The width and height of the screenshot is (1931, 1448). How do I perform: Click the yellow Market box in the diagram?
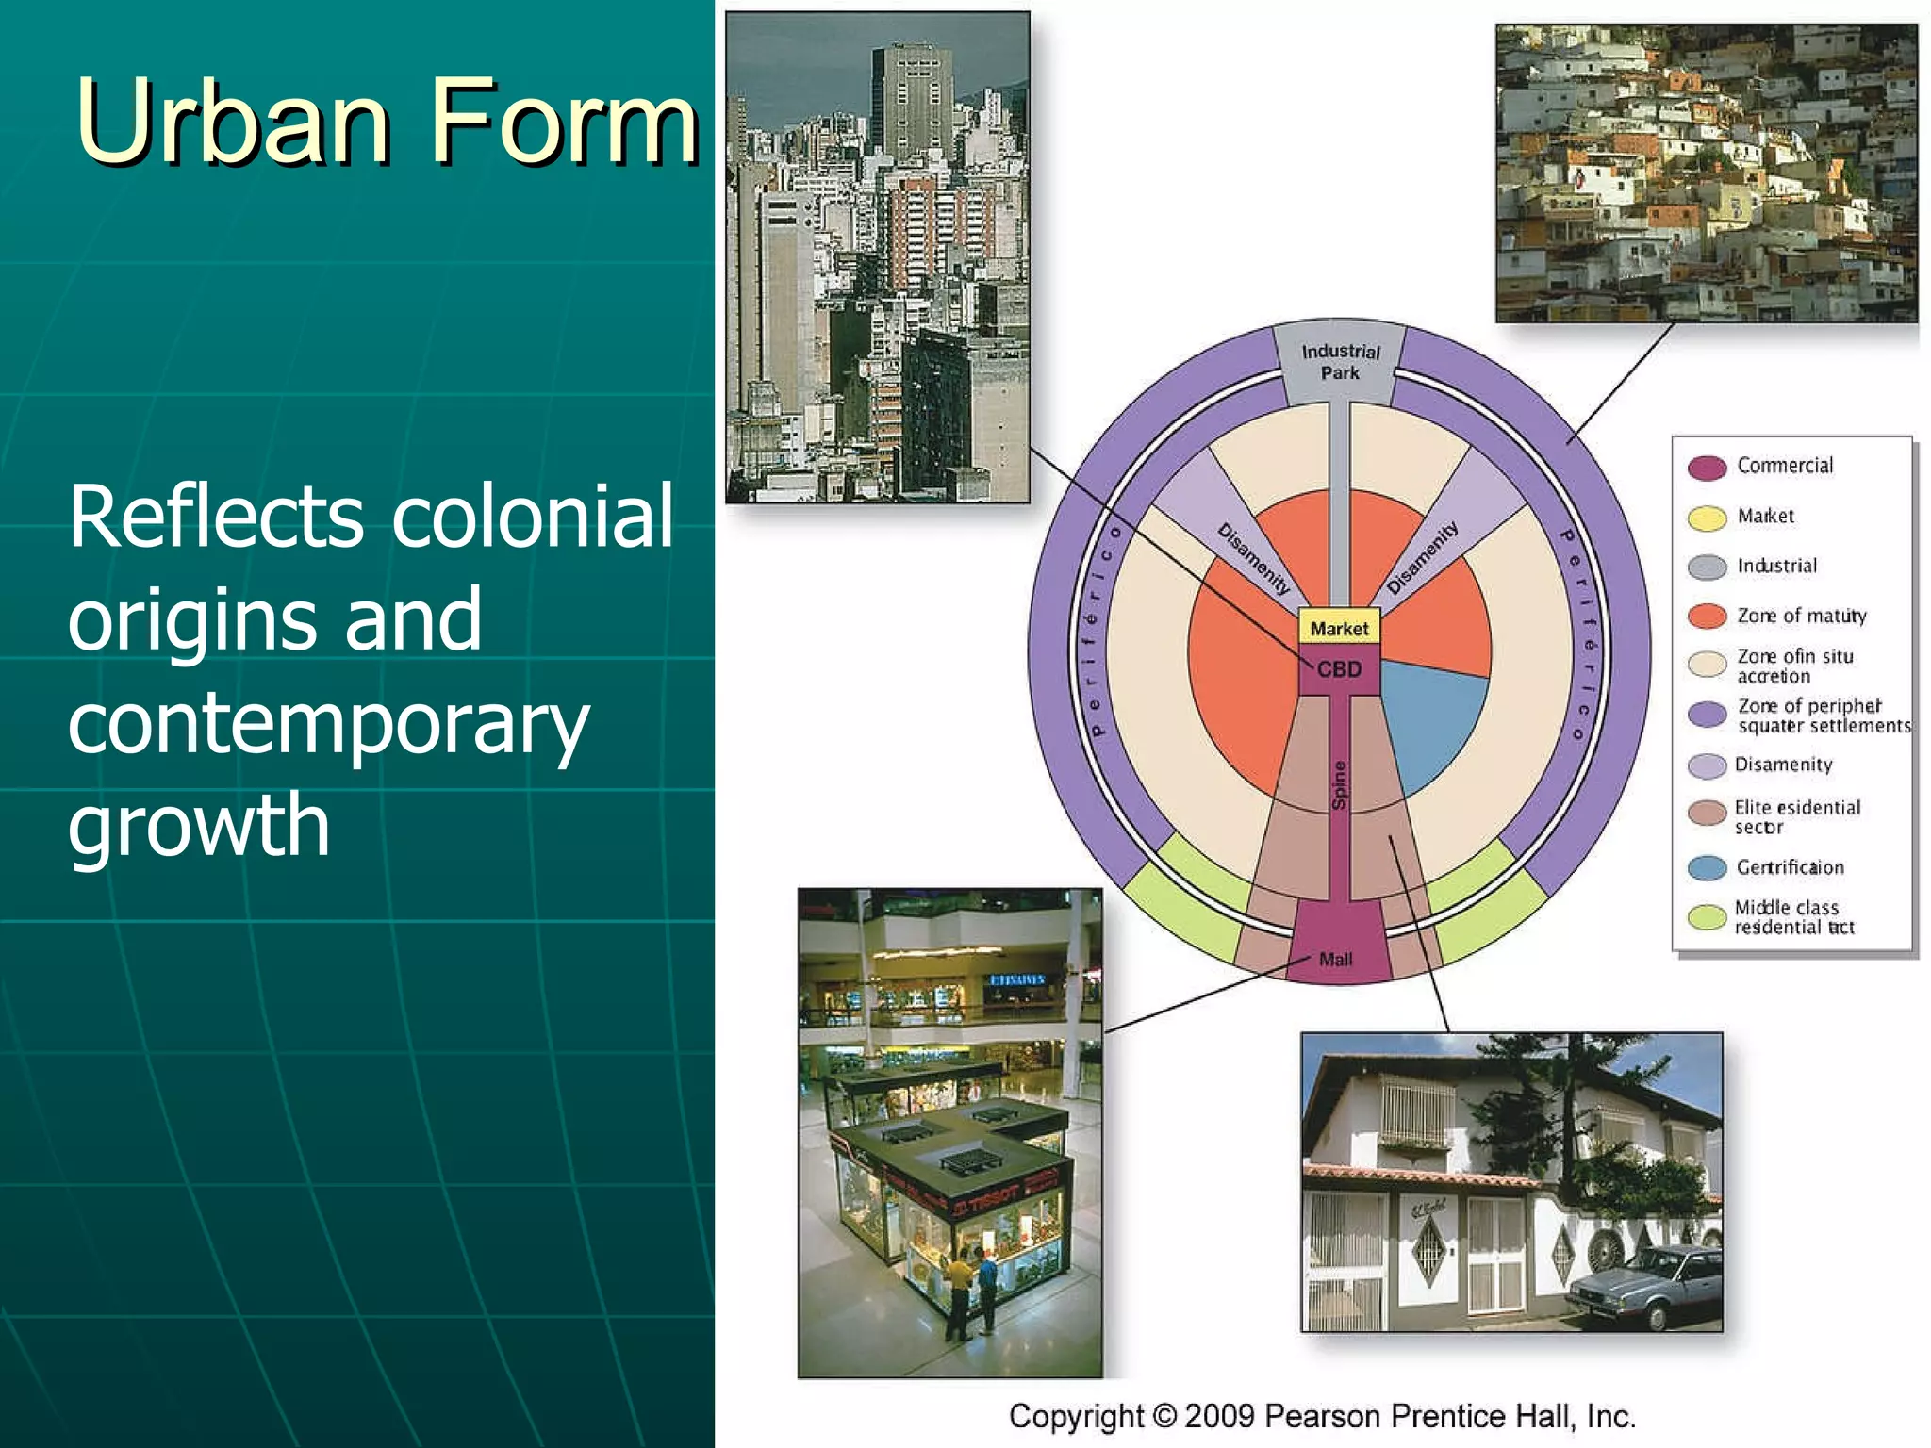[1339, 628]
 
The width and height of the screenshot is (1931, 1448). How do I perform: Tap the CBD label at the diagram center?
[1339, 669]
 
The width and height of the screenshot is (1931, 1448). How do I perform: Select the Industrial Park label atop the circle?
[1340, 362]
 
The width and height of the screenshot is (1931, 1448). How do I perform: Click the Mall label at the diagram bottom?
[1335, 960]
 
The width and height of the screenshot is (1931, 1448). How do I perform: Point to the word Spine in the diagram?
[1340, 785]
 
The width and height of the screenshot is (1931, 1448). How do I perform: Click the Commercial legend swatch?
[1707, 468]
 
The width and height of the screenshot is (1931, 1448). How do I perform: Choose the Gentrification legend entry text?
[1790, 867]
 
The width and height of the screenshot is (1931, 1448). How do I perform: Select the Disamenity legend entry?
[1783, 765]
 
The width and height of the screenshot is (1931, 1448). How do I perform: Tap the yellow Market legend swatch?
[1707, 518]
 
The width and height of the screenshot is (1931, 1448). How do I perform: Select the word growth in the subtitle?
[199, 826]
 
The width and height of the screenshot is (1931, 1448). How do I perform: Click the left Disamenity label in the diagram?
[1253, 558]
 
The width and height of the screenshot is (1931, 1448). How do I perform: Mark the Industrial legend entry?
[1776, 566]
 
